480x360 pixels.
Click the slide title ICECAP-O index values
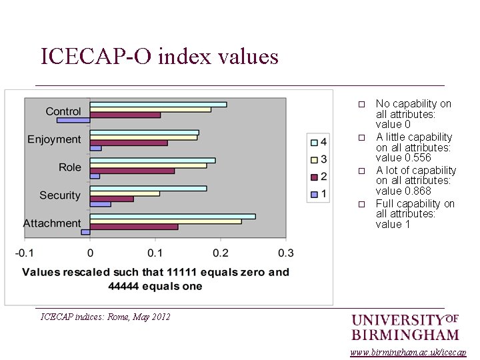(159, 56)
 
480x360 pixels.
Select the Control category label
(63, 111)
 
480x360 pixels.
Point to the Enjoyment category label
(54, 139)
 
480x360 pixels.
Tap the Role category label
(70, 167)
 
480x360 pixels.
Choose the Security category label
(59, 195)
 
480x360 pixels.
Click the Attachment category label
(52, 223)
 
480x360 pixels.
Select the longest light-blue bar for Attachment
(172, 216)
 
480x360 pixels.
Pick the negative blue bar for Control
(73, 121)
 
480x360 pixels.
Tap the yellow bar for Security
(125, 193)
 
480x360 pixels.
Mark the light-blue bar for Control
(158, 105)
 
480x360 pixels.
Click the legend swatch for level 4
(313, 142)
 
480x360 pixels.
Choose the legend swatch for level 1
(313, 194)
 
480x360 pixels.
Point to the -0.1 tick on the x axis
(25, 253)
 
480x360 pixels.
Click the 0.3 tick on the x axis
(285, 253)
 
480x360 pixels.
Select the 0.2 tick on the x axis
(221, 253)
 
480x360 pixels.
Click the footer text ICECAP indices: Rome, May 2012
(105, 317)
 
